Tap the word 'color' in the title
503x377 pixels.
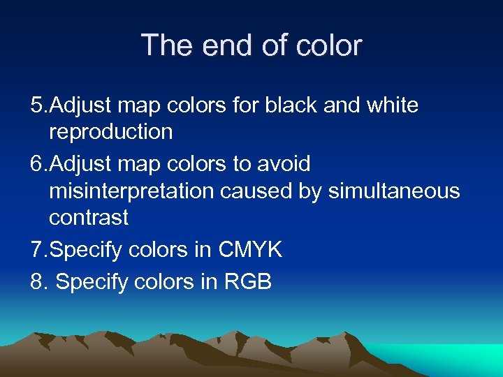click(328, 45)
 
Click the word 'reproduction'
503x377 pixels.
click(110, 131)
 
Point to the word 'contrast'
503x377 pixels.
click(89, 217)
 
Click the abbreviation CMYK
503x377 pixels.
click(250, 250)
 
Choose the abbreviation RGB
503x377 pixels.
click(248, 281)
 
